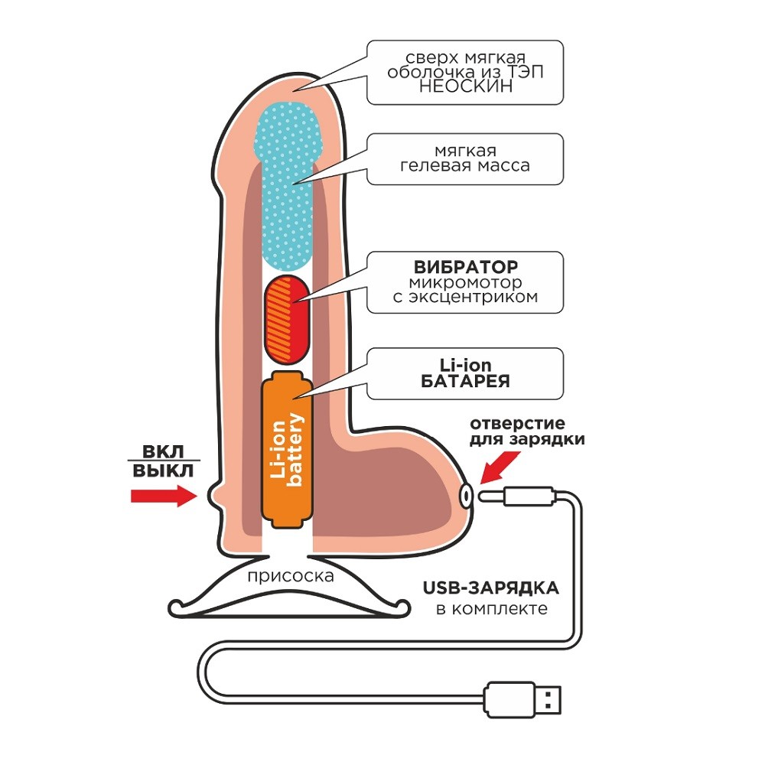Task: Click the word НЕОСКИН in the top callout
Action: [x=464, y=87]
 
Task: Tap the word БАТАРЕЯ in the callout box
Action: [x=465, y=382]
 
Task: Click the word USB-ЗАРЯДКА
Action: [x=490, y=588]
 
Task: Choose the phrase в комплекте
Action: [x=491, y=609]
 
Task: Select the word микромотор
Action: [x=465, y=282]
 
